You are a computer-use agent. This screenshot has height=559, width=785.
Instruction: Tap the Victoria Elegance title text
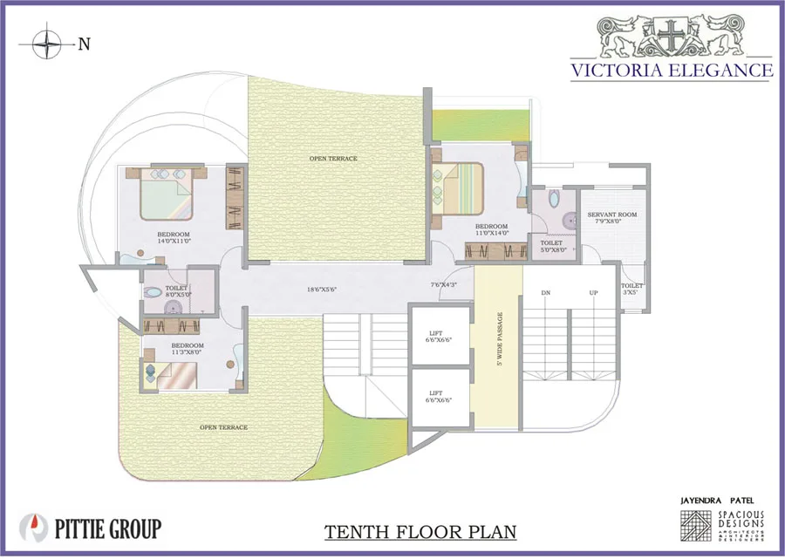(x=671, y=70)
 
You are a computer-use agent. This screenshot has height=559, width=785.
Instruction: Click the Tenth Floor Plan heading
(x=420, y=531)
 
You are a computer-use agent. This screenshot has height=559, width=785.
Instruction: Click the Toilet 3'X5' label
(x=631, y=289)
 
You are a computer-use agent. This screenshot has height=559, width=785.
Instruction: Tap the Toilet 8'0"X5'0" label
(x=177, y=290)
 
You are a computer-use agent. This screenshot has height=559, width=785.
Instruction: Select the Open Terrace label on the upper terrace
(x=333, y=158)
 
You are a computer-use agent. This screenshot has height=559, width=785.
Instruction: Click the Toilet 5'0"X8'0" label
(x=552, y=247)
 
